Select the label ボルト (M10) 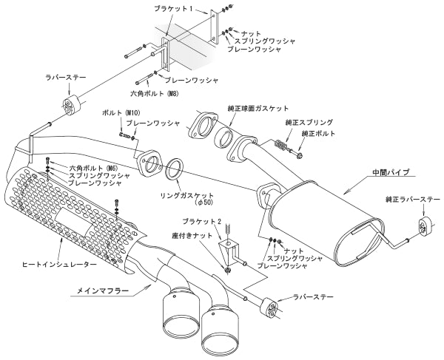[x=116, y=112]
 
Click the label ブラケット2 [x=201, y=221]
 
